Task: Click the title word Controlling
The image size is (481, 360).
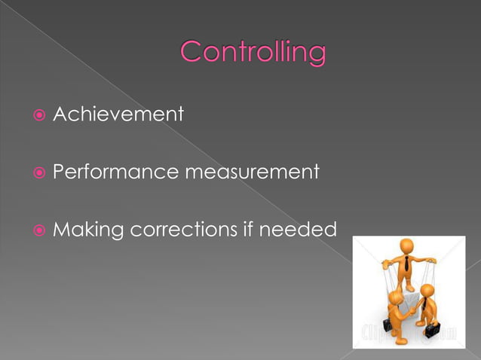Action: [x=253, y=53]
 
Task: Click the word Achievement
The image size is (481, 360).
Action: [x=118, y=114]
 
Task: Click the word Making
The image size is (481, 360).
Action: [x=87, y=230]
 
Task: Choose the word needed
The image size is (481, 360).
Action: [x=298, y=230]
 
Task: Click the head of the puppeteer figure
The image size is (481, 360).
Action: [x=407, y=247]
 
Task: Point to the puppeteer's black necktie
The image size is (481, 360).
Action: [x=407, y=264]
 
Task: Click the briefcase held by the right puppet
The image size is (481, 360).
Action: [x=432, y=330]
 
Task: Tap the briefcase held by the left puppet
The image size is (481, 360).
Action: [x=387, y=325]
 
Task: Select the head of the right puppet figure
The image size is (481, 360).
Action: [x=427, y=291]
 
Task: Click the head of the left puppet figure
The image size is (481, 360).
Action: [x=395, y=298]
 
